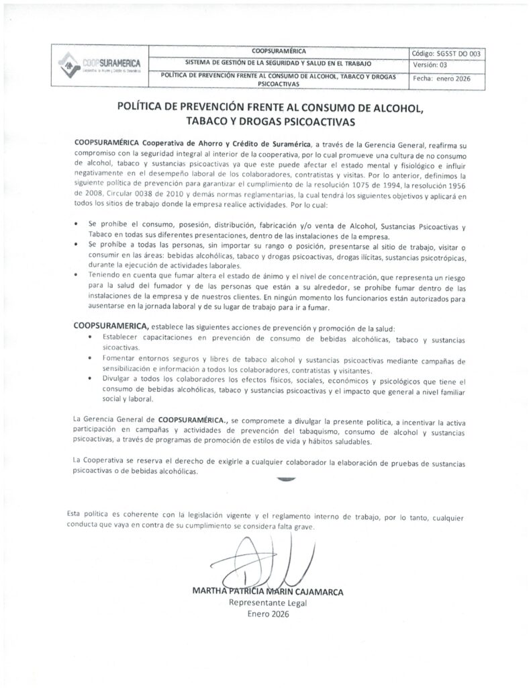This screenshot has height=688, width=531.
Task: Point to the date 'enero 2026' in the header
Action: click(467, 78)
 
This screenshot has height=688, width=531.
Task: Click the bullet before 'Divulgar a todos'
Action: click(91, 379)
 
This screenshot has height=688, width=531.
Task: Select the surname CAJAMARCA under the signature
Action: click(316, 592)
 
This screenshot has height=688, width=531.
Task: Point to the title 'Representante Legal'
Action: click(268, 603)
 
